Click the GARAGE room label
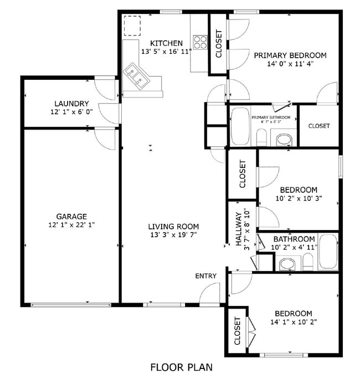click(71, 216)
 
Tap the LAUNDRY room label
click(71, 103)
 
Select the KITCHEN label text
click(166, 43)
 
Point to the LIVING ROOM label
click(173, 226)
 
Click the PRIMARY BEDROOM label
click(290, 55)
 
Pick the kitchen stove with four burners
click(199, 42)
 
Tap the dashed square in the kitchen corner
click(132, 25)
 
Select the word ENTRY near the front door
click(205, 276)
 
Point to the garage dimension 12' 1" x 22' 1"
click(71, 225)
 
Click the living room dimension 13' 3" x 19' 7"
click(173, 235)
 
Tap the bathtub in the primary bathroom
click(240, 126)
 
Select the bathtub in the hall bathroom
click(328, 253)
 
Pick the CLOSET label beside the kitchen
click(218, 43)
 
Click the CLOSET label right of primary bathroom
click(319, 126)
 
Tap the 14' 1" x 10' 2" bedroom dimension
click(293, 322)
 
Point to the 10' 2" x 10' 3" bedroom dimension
click(299, 198)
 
